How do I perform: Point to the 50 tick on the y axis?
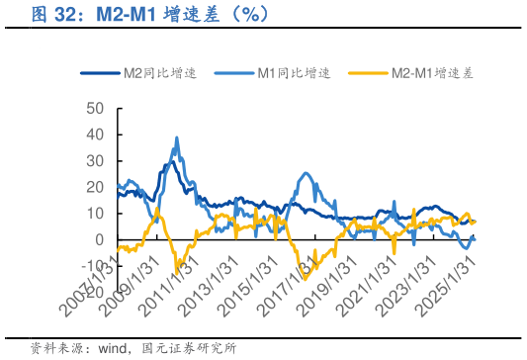pyautogui.click(x=96, y=107)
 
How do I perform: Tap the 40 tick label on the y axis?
pyautogui.click(x=96, y=134)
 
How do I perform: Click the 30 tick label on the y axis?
pyautogui.click(x=96, y=160)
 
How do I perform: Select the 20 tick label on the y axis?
pyautogui.click(x=96, y=187)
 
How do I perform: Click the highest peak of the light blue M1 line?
pyautogui.click(x=177, y=138)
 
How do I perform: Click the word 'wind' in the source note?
pyautogui.click(x=106, y=348)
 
